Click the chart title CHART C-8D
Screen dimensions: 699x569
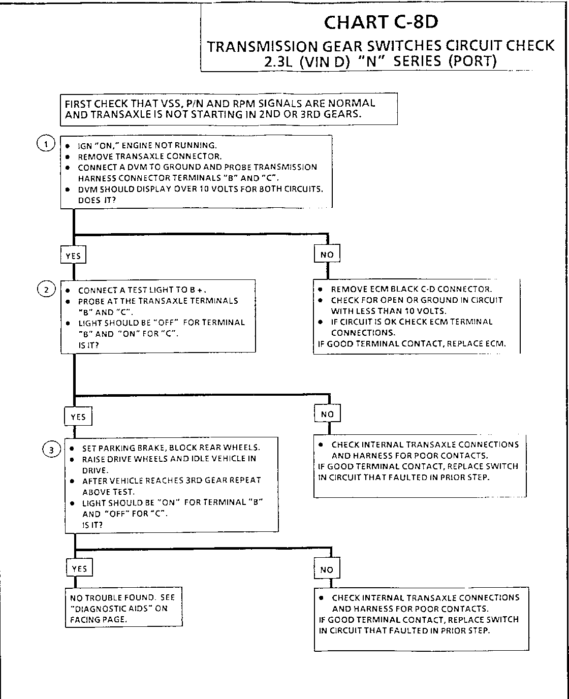[381, 22]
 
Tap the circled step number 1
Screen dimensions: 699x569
[46, 144]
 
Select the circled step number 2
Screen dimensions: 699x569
[46, 290]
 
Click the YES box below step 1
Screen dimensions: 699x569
[73, 256]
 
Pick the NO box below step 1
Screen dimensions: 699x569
[327, 254]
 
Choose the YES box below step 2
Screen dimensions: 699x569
[78, 417]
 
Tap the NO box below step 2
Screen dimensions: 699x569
[327, 414]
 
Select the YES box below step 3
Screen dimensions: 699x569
[79, 568]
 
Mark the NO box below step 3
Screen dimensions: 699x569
[326, 569]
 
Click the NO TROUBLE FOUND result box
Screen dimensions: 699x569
[123, 608]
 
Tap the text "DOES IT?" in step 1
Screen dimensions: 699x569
[97, 200]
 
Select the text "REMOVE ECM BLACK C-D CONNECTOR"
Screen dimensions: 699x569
[411, 289]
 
